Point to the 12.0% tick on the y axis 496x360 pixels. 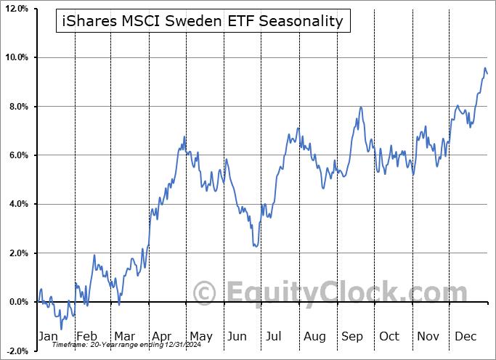[15, 8]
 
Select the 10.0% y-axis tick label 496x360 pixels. [15, 57]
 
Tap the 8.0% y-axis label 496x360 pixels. [17, 107]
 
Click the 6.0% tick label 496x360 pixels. [17, 155]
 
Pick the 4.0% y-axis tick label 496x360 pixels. [17, 205]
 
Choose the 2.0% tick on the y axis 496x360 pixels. [17, 253]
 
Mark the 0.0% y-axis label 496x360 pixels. [17, 302]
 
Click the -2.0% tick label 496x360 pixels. [16, 351]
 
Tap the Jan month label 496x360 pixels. [47, 336]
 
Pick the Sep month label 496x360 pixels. [352, 336]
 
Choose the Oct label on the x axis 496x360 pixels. [389, 336]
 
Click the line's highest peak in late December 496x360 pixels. [485, 68]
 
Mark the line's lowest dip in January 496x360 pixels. [61, 329]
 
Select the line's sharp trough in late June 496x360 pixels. [255, 246]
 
